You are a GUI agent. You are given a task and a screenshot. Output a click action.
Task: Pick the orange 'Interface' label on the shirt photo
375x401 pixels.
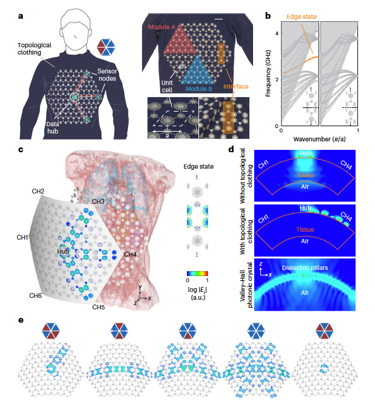tap(236, 87)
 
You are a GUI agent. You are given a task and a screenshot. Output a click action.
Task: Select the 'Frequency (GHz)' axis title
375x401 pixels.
tap(268, 73)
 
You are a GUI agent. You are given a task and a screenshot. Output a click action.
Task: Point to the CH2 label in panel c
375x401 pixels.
tap(38, 192)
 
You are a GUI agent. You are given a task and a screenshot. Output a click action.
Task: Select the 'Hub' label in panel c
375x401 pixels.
tap(62, 250)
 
